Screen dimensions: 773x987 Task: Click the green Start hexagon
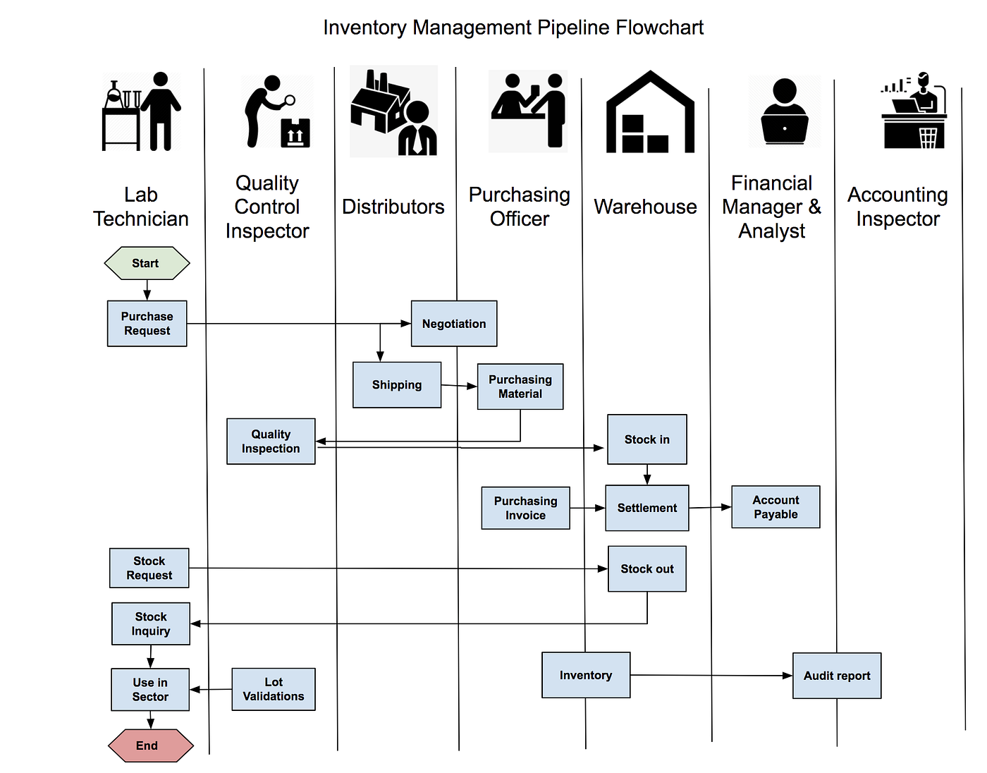[x=147, y=263]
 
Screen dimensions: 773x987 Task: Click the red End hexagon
[x=150, y=745]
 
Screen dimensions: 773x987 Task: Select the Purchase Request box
[x=147, y=324]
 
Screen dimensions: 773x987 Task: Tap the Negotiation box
[x=454, y=324]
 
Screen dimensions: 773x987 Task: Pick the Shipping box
[x=397, y=385]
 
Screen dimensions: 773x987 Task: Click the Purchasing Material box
[x=520, y=386]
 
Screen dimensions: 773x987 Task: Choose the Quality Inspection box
[x=271, y=442]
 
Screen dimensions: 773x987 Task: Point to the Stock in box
[x=646, y=439]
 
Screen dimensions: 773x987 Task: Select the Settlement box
[x=646, y=508]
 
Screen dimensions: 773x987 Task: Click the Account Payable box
[x=775, y=507]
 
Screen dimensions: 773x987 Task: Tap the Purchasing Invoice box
[x=525, y=508]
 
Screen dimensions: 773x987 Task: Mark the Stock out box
[x=646, y=568]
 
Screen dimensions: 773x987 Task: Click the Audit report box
[x=837, y=676]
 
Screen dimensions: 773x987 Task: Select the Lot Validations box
[x=274, y=689]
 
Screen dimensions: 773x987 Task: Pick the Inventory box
[x=586, y=675]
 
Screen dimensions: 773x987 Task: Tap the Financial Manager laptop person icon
[x=785, y=111]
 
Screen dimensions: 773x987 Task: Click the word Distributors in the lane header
[x=393, y=207]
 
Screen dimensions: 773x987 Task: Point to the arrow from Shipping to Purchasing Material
[x=459, y=386]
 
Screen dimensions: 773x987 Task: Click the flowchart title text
[x=513, y=28]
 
